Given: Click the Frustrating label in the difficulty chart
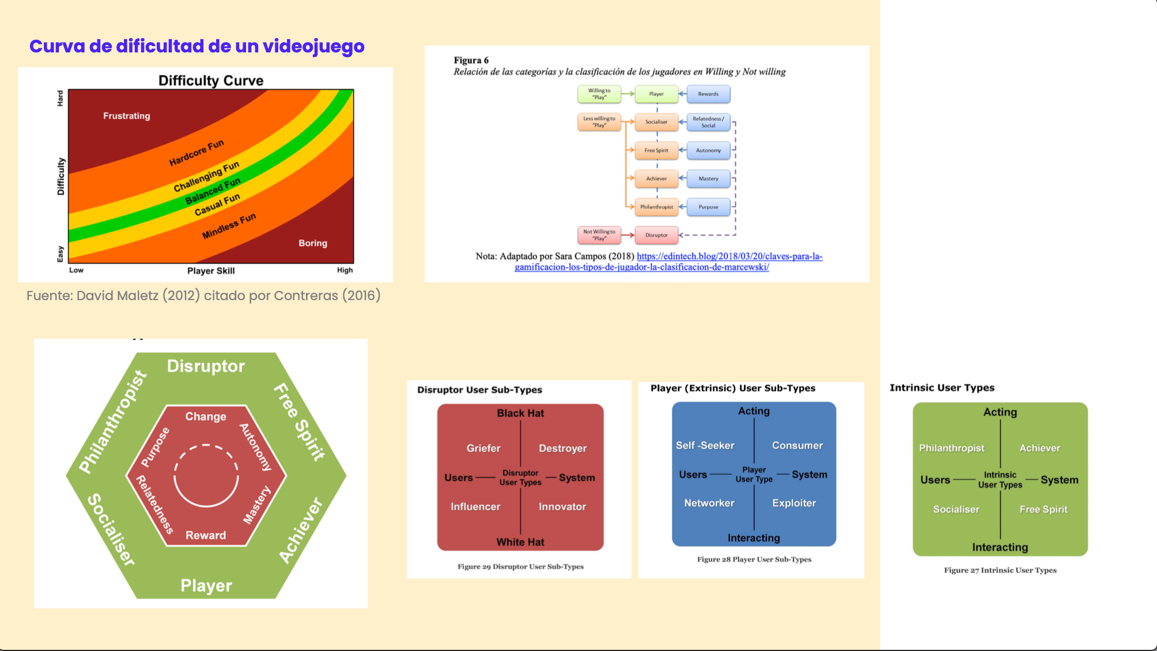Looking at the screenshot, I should pos(126,116).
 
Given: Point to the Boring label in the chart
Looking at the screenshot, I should pos(312,243).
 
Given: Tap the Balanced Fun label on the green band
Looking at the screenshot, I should pos(213,191).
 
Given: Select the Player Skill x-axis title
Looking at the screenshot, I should pos(211,271).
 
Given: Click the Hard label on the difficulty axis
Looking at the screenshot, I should pos(60,98).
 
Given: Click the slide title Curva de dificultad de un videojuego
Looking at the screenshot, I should pos(196,46).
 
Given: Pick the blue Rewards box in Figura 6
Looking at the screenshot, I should pos(708,94).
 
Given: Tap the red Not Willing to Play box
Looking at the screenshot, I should pos(599,235).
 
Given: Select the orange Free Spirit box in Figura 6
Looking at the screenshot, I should pos(656,150).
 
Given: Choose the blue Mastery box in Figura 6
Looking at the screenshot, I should pos(708,179).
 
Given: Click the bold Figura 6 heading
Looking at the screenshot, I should pos(471,60).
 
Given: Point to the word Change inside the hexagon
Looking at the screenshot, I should pos(206,417).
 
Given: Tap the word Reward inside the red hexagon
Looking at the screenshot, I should pos(206,535).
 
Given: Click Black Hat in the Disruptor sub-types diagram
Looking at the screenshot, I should pos(520,413).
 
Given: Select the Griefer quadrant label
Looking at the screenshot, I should pos(483,448).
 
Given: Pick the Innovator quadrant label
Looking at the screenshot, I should pos(562,506).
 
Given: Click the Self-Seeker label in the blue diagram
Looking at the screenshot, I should pos(705,445).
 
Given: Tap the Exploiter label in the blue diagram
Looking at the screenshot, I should pos(794,503).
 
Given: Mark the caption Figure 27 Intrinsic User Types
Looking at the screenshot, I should pos(1000,570).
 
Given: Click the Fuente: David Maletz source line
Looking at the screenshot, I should pos(203,296).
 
